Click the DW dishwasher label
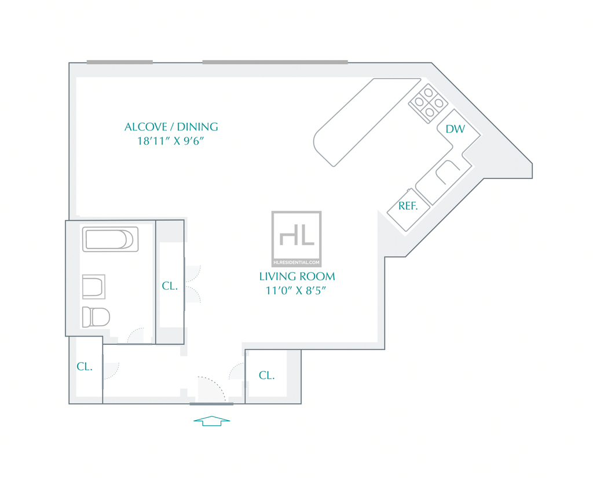click(455, 129)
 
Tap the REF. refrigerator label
click(408, 206)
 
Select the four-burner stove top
click(429, 103)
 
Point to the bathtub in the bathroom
click(110, 239)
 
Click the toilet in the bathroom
click(96, 317)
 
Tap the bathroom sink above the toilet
click(93, 287)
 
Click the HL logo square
click(296, 239)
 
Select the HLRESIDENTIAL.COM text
click(296, 262)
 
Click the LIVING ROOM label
click(297, 276)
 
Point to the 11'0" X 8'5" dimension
click(295, 291)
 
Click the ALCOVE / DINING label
click(171, 127)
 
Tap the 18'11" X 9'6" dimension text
click(170, 141)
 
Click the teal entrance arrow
click(212, 421)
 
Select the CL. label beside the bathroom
click(170, 286)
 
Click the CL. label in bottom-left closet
click(85, 366)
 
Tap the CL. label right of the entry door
click(266, 375)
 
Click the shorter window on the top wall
click(120, 62)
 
